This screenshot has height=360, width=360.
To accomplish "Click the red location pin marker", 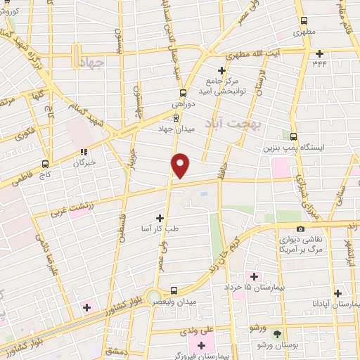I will [x=181, y=165].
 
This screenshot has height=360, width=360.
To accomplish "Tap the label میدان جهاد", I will [x=174, y=129].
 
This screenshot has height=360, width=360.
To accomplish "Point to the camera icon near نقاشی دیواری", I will [x=301, y=229].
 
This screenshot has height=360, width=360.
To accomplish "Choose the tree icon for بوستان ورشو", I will [x=276, y=334].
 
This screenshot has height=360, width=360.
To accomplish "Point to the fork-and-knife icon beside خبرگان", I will [x=84, y=150].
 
